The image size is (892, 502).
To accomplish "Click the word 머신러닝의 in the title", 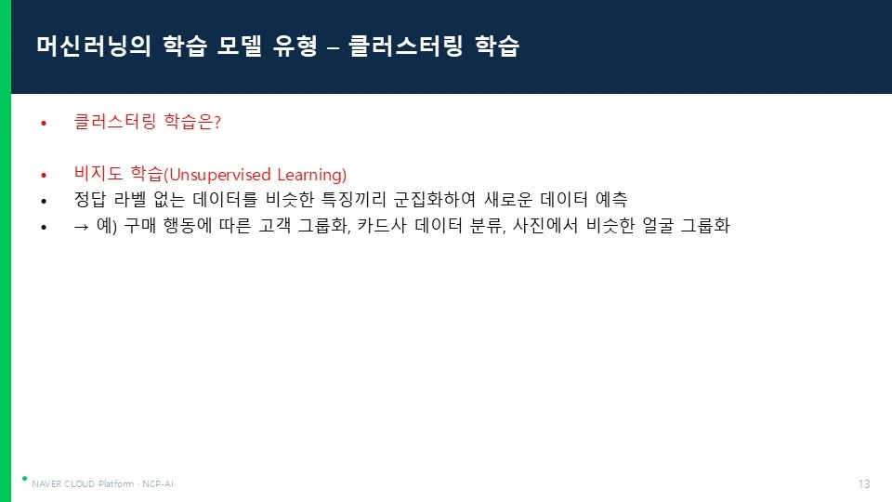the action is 94,46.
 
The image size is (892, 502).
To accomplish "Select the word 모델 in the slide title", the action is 239,46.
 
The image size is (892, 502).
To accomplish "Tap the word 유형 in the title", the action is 295,46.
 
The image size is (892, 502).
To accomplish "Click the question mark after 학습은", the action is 217,122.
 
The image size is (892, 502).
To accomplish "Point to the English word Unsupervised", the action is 219,175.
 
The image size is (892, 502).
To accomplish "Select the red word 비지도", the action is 98,173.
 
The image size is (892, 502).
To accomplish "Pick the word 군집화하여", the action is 435,199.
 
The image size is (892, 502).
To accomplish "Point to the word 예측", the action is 611,199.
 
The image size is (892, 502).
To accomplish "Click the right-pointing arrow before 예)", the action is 82,227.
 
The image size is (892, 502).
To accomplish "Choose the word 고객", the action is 275,225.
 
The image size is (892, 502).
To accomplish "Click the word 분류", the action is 487,225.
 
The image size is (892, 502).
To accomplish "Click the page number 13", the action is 864,483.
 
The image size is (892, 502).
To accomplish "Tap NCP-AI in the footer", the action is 158,483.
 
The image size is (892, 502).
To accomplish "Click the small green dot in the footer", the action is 24,479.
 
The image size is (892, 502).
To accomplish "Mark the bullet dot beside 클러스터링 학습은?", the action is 44,123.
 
